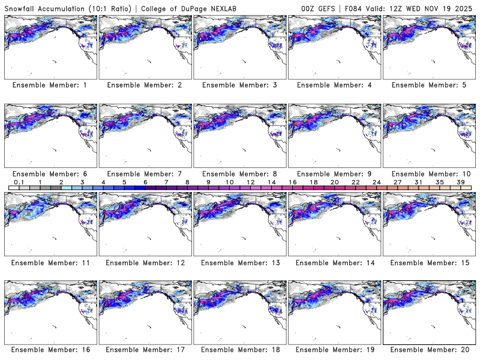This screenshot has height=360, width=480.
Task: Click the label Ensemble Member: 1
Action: [x=50, y=85]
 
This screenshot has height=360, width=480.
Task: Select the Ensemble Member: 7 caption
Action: [x=144, y=174]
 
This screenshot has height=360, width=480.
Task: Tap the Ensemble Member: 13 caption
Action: [x=239, y=262]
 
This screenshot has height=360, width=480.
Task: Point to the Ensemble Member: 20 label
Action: [x=428, y=350]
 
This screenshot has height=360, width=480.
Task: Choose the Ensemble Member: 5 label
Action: [x=428, y=85]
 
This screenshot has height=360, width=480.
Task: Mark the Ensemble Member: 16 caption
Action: [x=50, y=350]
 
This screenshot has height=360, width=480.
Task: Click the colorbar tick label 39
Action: [x=461, y=181]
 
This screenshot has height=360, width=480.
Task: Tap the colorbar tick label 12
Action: [x=250, y=181]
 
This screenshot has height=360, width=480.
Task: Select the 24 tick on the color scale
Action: [x=376, y=181]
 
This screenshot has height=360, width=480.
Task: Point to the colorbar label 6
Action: [x=145, y=181]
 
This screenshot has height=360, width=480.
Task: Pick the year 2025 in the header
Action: [x=464, y=7]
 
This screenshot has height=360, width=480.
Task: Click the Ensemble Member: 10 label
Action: [x=428, y=174]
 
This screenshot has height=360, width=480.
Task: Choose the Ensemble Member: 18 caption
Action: [x=239, y=350]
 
